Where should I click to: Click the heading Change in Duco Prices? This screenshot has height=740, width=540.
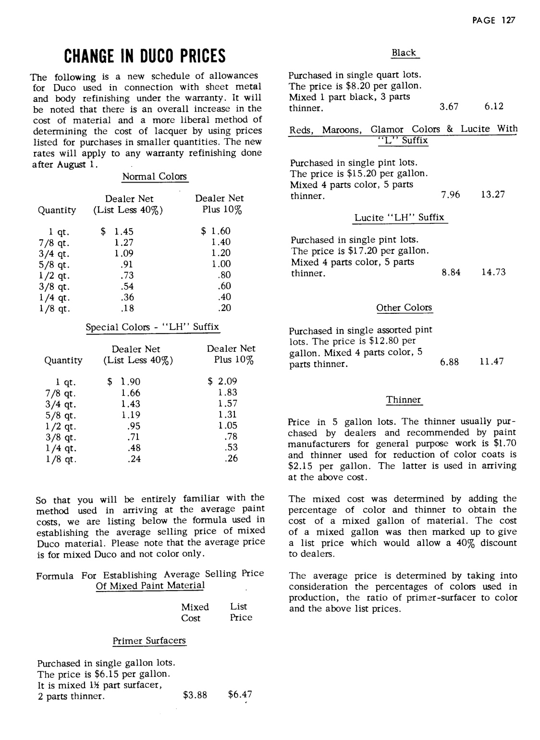click(x=145, y=56)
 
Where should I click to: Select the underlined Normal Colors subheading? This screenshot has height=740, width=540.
click(x=154, y=177)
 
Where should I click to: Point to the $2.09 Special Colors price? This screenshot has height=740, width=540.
click(x=222, y=382)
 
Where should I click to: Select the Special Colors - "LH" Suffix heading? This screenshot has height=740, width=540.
click(x=152, y=327)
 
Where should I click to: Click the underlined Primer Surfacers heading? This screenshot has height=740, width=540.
click(x=149, y=641)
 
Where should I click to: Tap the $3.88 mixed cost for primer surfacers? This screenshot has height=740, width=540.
click(x=195, y=695)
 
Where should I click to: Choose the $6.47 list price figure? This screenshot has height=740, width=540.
click(x=240, y=694)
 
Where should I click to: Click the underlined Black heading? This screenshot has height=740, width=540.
click(x=404, y=53)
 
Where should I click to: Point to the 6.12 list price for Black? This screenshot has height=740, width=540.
click(x=493, y=107)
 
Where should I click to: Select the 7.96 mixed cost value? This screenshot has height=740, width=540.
click(x=450, y=195)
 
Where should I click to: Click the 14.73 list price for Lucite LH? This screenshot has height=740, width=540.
click(x=493, y=272)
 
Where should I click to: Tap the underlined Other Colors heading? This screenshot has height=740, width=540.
click(x=404, y=308)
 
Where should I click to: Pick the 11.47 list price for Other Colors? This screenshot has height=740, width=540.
click(x=491, y=362)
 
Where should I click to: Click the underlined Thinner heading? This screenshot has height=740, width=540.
click(x=404, y=400)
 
